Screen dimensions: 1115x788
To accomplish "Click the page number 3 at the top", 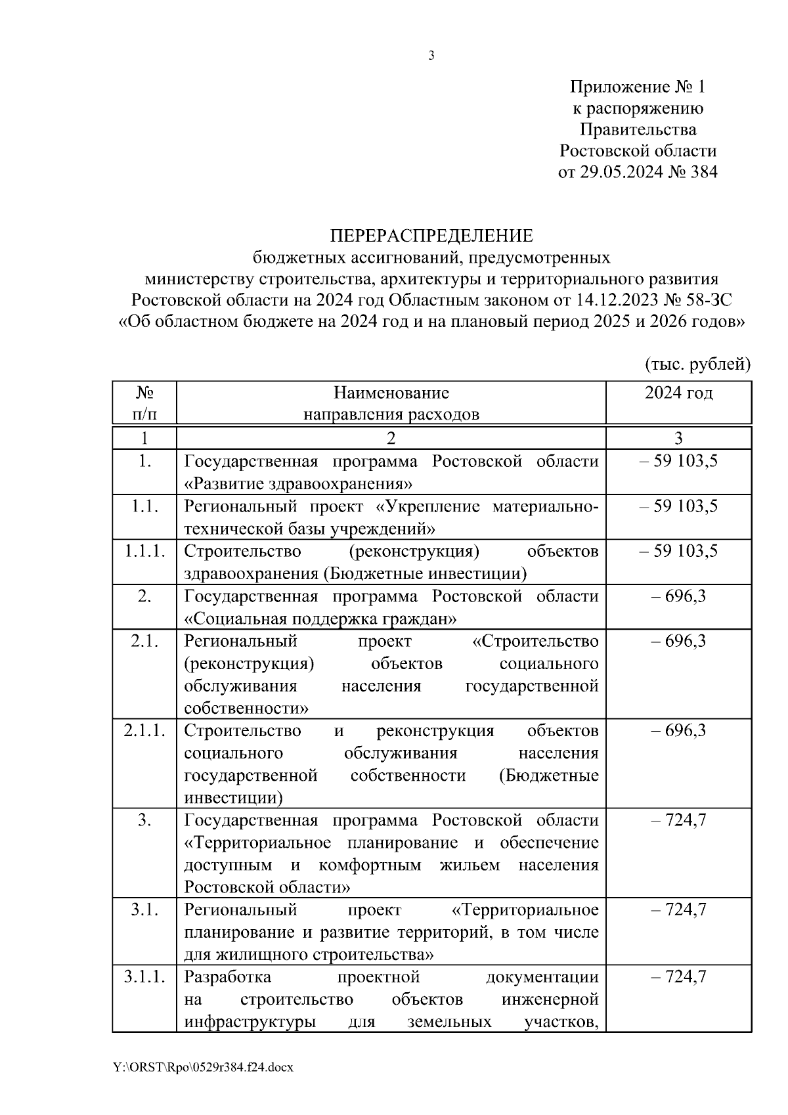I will pos(431,56).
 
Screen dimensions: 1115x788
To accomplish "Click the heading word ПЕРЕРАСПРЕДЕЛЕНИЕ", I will pos(431,236).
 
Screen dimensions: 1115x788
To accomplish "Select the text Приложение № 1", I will pos(637,87).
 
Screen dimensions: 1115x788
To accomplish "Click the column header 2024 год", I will pos(678,393).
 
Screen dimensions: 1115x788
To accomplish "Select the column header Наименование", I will pos(391,393).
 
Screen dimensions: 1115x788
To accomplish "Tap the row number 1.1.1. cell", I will pos(144,552).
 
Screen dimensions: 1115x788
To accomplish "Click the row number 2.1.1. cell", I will pos(144,731).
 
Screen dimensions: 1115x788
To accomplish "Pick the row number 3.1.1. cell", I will pos(144,976).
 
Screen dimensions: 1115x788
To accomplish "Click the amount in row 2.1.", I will pos(678,641).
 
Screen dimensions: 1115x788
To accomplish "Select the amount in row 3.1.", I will pos(678,910).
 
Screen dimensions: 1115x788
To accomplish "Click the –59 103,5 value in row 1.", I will pos(678,462).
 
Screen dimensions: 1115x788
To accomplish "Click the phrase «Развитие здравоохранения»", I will pos(298,485).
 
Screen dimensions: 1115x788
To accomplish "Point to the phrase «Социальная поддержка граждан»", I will pos(320,619).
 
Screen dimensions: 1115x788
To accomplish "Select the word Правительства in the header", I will pos(637,129).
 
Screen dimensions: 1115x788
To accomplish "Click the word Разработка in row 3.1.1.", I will pos(227,977).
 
